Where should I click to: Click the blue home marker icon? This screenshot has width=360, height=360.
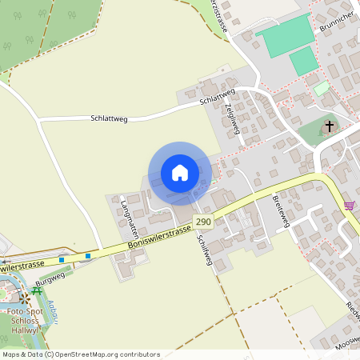[x=180, y=173]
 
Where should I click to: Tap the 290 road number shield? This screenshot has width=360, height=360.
[x=203, y=222]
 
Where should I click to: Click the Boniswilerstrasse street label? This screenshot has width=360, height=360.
[x=159, y=238]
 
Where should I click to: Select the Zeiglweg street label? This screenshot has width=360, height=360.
[x=234, y=116]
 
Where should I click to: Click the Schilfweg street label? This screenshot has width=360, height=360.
[x=206, y=258]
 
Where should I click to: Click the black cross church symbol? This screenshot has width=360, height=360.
[x=329, y=126]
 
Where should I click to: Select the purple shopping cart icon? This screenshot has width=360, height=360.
[x=349, y=206]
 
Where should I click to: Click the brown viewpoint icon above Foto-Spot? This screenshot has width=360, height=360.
[x=26, y=298]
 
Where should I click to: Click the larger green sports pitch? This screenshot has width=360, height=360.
[x=285, y=34]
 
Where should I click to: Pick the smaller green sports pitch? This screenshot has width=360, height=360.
[x=304, y=61]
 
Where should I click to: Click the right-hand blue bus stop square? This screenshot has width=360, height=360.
[x=88, y=256]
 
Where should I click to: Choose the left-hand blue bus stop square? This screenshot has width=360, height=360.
[x=62, y=260]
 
